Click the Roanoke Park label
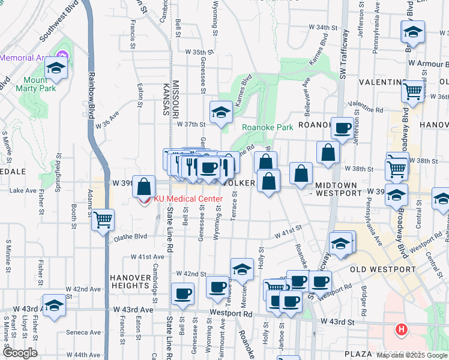[267, 127]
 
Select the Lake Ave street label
[23, 190]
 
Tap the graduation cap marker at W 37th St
[221, 112]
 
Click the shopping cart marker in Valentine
[413, 91]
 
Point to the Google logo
[19, 353]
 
